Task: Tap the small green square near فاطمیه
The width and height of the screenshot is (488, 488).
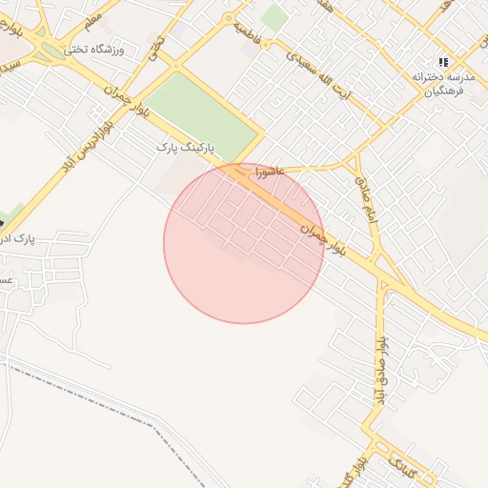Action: (274, 17)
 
